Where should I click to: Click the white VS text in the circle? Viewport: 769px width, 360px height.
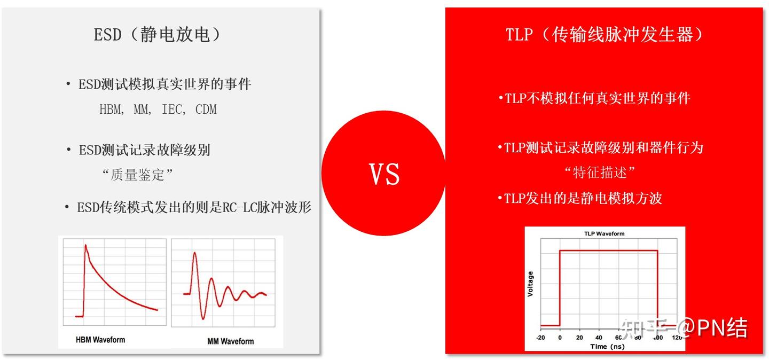pos(384,174)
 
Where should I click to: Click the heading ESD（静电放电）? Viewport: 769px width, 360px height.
pos(158,34)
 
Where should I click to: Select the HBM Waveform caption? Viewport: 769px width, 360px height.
pos(100,340)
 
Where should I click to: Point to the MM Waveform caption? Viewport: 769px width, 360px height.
pos(230,341)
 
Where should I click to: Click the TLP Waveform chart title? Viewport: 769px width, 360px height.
pos(604,233)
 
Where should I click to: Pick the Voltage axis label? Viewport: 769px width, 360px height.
pos(530,284)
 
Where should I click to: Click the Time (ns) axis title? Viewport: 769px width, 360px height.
pos(607,346)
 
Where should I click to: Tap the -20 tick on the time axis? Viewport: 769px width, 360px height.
pos(540,338)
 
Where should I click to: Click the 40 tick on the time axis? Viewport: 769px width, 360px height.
pos(599,338)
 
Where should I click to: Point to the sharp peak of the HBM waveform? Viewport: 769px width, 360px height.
pos(85,245)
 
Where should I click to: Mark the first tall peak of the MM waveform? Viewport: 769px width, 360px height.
pos(195,253)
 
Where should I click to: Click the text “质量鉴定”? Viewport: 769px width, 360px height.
pos(137,175)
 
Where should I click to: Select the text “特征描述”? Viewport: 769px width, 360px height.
pos(599,173)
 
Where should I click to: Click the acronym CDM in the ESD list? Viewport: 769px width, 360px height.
pos(206,109)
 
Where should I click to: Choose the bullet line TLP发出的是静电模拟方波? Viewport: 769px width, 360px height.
pos(580,198)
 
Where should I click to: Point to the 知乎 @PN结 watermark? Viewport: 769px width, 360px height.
pos(684,328)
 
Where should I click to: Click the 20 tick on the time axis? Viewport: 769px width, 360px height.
pos(579,338)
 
